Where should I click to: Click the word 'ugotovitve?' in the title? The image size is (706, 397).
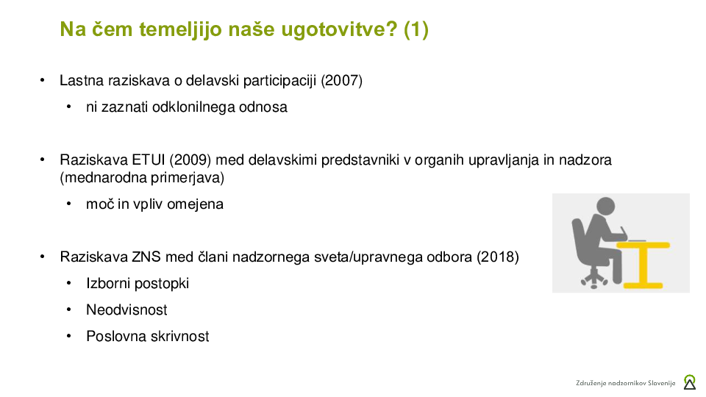[x=339, y=29]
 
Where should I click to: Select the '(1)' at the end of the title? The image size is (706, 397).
[x=416, y=29]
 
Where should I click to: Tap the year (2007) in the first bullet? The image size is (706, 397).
[x=342, y=81]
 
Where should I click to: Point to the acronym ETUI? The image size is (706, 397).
[x=148, y=160]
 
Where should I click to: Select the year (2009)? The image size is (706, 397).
[x=190, y=160]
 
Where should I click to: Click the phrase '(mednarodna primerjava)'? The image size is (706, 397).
[x=142, y=177]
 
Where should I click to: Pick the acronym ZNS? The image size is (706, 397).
[x=146, y=257]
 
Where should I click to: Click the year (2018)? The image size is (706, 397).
[x=498, y=257]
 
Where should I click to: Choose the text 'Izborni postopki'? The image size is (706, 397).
[x=138, y=284]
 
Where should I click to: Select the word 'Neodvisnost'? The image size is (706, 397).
[x=126, y=310]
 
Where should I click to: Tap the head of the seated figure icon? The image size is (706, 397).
[x=605, y=206]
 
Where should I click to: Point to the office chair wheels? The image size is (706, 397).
[x=594, y=282]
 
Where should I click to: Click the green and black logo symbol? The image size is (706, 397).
[x=689, y=382]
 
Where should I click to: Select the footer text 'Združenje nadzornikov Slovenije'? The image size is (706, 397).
[x=625, y=383]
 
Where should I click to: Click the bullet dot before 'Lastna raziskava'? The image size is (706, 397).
[x=43, y=81]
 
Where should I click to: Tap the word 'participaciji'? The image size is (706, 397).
[x=279, y=81]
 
